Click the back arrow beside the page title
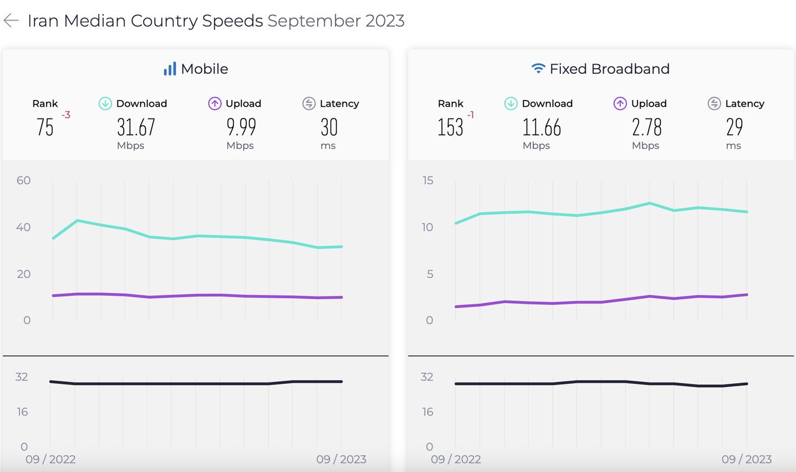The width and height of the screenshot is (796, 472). pos(11,20)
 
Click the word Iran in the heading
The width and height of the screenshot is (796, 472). pos(44,20)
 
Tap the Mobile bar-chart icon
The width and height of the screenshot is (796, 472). pos(170,69)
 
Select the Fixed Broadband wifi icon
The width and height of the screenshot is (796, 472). pos(539,69)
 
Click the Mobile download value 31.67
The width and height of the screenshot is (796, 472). pos(136,127)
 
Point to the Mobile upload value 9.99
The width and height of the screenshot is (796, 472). pos(241,127)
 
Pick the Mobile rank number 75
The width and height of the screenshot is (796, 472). pos(45,127)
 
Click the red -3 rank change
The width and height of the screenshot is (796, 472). pos(65,115)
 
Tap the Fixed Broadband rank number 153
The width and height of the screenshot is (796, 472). pos(450,127)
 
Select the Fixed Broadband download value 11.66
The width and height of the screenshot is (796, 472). pos(542,127)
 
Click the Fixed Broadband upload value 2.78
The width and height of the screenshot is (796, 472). pos(647,127)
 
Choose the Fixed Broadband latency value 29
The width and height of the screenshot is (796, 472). pos(734,127)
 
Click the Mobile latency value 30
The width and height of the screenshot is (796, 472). pos(329,127)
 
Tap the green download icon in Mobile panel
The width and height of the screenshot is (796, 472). pos(105,104)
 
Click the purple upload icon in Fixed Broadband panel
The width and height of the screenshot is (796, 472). pos(620,104)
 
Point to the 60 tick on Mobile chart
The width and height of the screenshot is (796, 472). pos(24,181)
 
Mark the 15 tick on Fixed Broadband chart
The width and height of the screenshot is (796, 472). pos(428,181)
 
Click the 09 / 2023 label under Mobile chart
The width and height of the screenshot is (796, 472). pos(341,460)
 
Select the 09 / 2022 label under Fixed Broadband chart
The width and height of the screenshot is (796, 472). pos(456,460)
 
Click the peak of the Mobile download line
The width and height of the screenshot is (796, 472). pos(76,220)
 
